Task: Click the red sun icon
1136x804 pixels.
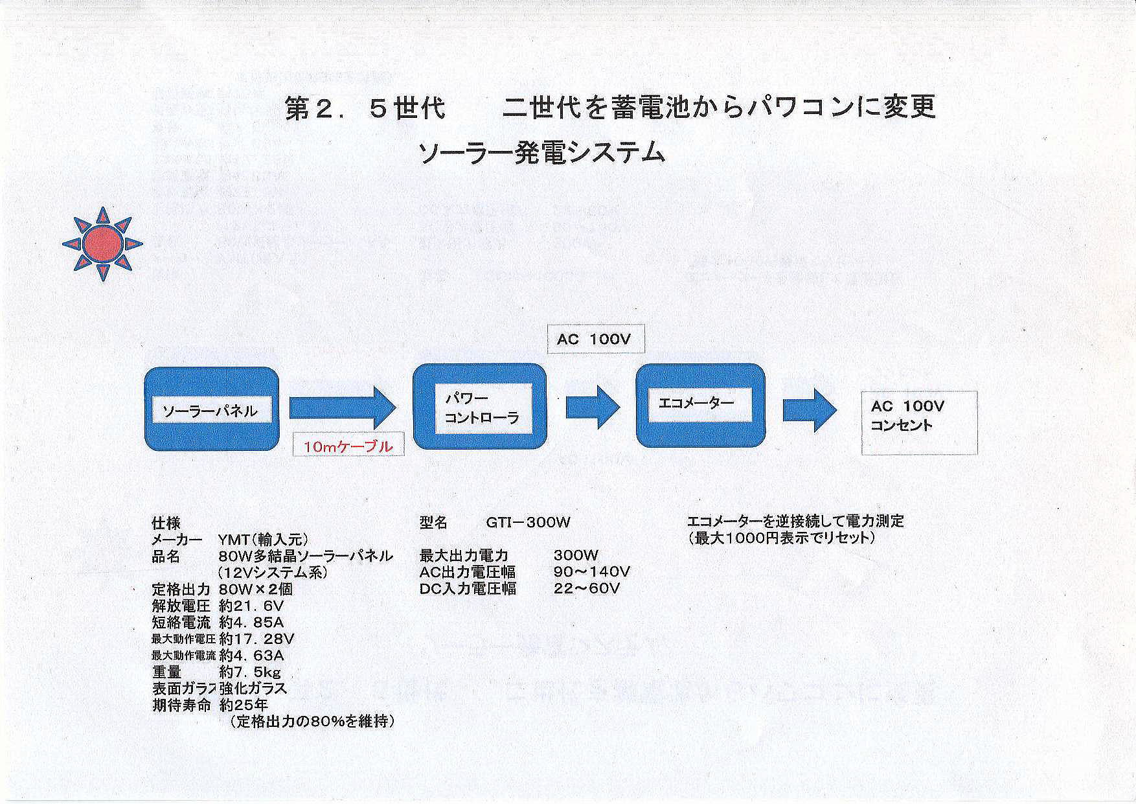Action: click(x=102, y=244)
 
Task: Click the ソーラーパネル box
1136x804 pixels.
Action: click(x=211, y=409)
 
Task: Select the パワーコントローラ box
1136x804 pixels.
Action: click(x=480, y=406)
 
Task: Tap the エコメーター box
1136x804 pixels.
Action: click(x=700, y=406)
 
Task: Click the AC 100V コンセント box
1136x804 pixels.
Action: click(x=919, y=422)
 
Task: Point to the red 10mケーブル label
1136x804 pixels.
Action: click(x=348, y=446)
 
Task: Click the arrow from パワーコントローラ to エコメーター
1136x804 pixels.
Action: click(x=593, y=406)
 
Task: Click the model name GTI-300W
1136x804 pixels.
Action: click(x=528, y=522)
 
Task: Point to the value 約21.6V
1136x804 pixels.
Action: click(x=251, y=606)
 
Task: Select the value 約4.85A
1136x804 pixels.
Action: click(x=251, y=623)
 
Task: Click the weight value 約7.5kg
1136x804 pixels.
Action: click(x=250, y=672)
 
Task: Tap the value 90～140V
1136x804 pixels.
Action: click(x=592, y=571)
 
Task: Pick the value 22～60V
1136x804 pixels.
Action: click(x=587, y=588)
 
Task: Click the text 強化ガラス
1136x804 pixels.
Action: click(x=253, y=688)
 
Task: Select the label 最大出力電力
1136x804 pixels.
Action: click(x=464, y=555)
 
